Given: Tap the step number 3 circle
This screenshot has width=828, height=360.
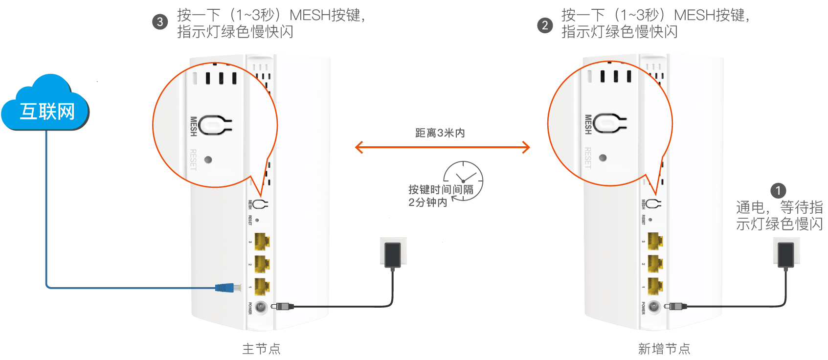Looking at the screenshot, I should pos(160,22).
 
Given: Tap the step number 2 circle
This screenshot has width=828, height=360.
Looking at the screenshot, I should pos(544,25).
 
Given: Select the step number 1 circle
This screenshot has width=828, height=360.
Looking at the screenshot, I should pos(778,190).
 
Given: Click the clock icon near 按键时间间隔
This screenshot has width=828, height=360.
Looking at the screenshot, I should pos(464,180).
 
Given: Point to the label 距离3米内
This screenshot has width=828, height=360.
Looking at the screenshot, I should pos(440,133).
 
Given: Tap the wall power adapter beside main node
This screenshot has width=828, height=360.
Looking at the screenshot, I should pos(393,254).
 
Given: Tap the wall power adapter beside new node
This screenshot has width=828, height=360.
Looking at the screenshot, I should pos(786,254).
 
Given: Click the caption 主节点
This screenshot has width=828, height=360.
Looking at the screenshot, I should pos(261,349).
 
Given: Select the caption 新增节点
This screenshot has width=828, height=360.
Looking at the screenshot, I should pos(664,349).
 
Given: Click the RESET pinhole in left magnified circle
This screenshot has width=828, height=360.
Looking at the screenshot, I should pos(208,159).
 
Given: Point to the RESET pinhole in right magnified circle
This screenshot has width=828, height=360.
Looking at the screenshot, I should pos(603,157).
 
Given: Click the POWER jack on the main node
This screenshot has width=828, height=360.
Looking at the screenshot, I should pos(261,307).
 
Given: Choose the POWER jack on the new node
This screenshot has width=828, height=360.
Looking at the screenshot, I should pos(654,307).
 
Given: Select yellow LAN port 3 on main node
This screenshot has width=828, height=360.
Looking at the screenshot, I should pos(262,241).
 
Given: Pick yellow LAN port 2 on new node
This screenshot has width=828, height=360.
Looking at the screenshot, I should pos(655,264).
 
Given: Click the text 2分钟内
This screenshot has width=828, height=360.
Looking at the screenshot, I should pos(428,202).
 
